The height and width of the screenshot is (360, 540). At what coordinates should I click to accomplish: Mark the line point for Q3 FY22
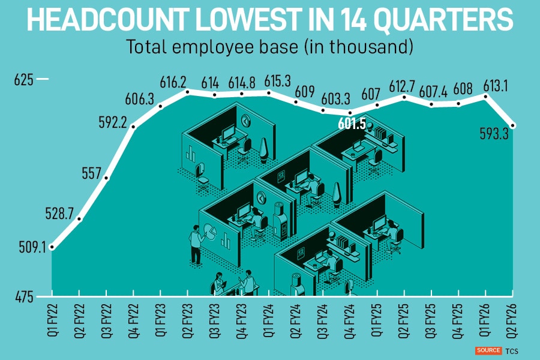(107, 178)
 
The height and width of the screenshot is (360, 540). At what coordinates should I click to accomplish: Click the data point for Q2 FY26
(513, 125)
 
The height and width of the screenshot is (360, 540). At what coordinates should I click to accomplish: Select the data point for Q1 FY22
(53, 247)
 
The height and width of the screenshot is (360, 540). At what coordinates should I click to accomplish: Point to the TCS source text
(511, 350)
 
